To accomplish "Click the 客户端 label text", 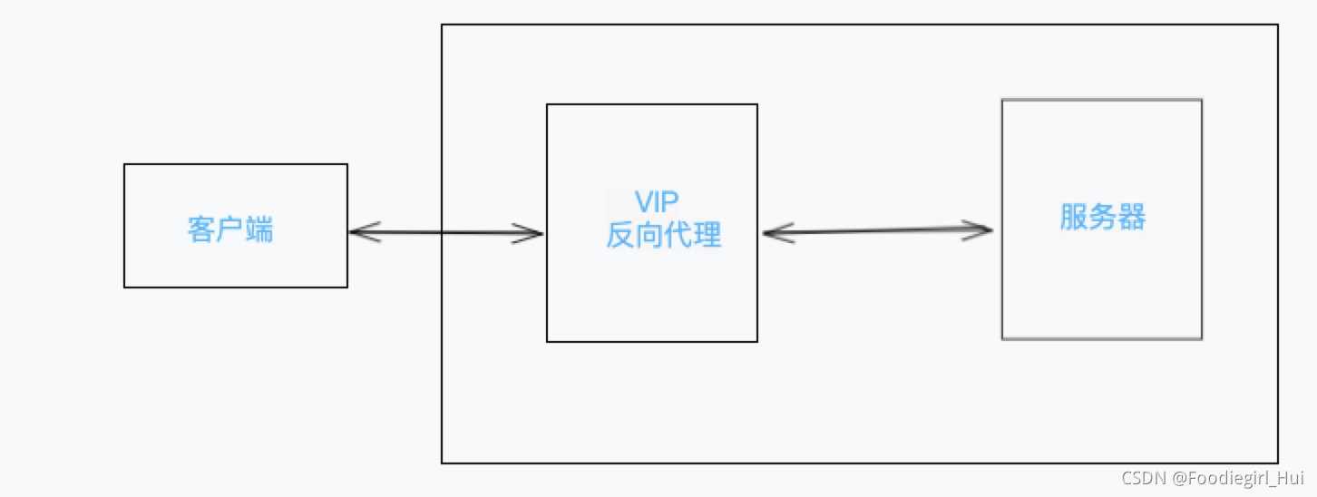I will pyautogui.click(x=230, y=229).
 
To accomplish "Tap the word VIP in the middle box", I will pyautogui.click(x=657, y=201).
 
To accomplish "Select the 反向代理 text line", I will pyautogui.click(x=664, y=235).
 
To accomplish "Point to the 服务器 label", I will pyautogui.click(x=1103, y=218).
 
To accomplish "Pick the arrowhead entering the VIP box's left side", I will pyautogui.click(x=531, y=233).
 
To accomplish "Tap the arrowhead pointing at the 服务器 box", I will pyautogui.click(x=980, y=229).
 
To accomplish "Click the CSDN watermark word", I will pyautogui.click(x=1142, y=478).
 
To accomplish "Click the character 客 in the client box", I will pyautogui.click(x=201, y=229).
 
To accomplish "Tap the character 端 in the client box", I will pyautogui.click(x=259, y=229).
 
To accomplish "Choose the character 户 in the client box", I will pyautogui.click(x=230, y=229).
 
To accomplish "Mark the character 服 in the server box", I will pyautogui.click(x=1074, y=218).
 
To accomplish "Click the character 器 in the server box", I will pyautogui.click(x=1132, y=218).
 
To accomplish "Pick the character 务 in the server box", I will pyautogui.click(x=1103, y=218).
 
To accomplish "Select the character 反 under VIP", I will pyautogui.click(x=620, y=235).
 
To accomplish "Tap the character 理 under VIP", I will pyautogui.click(x=708, y=235).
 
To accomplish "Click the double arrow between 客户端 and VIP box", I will pyautogui.click(x=444, y=233).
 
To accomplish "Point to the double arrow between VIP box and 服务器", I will pyautogui.click(x=877, y=231).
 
